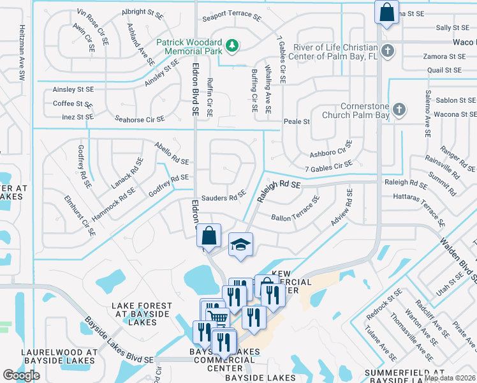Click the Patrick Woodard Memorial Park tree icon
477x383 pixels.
[233, 45]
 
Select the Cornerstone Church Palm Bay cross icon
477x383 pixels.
[399, 110]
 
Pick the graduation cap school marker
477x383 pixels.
[241, 245]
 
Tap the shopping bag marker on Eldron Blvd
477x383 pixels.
[209, 236]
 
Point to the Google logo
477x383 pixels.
[21, 375]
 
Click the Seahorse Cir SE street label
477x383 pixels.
[139, 119]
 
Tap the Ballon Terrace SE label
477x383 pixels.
[295, 211]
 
